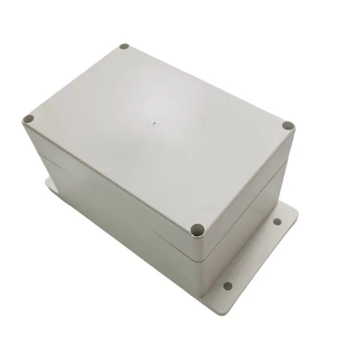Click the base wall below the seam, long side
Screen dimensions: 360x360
112,225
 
